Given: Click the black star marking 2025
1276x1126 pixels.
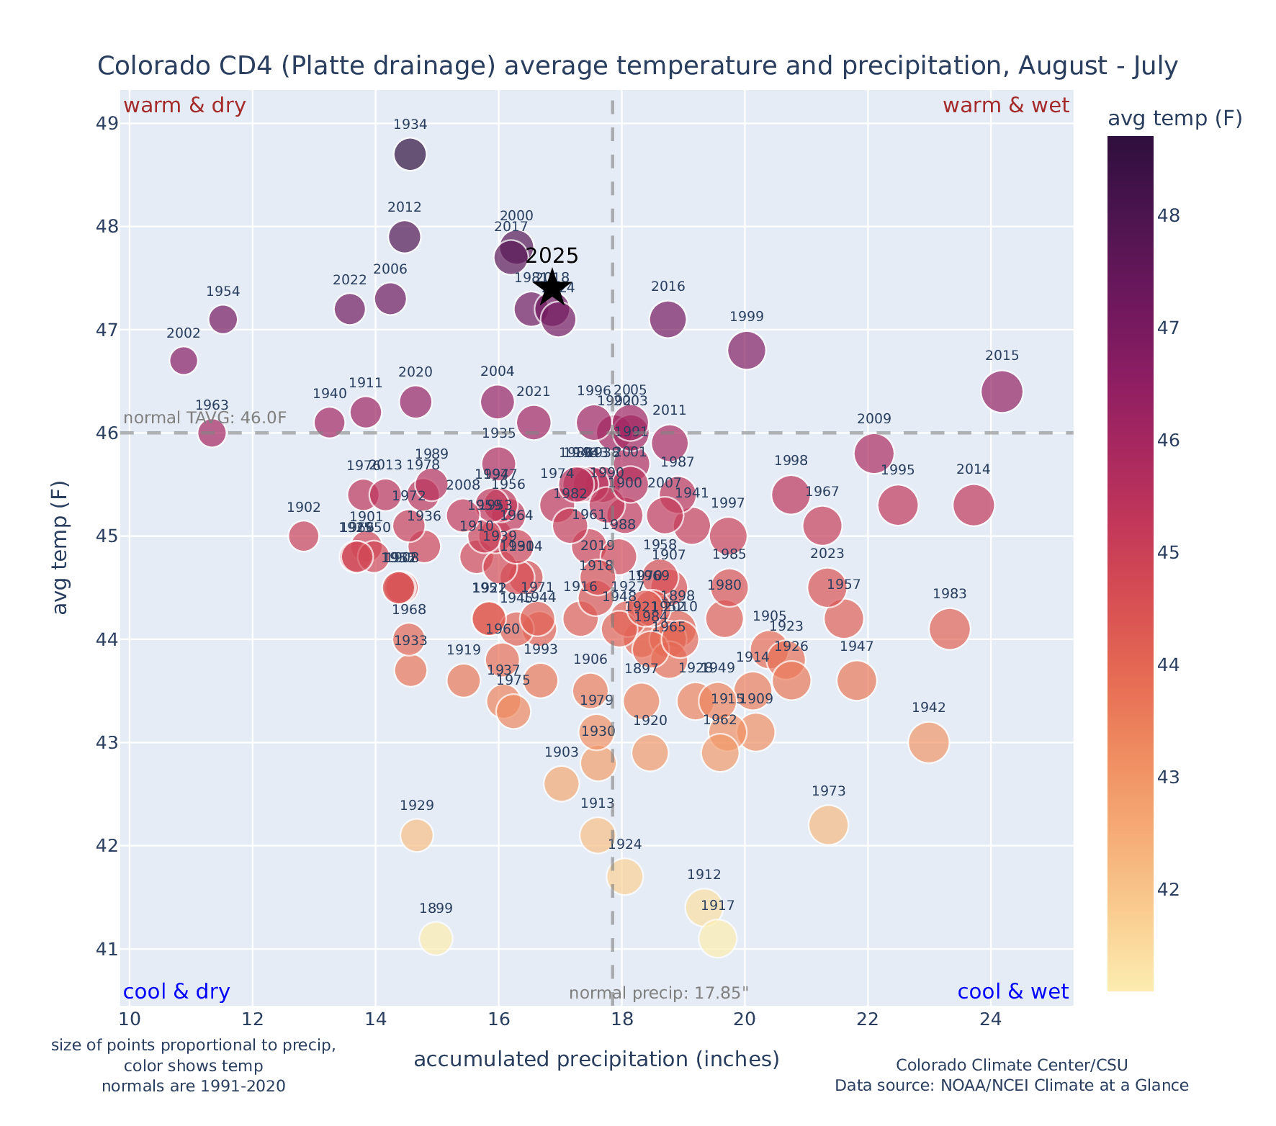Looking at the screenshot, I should (x=552, y=287).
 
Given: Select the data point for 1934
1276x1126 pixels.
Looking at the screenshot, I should (x=410, y=154).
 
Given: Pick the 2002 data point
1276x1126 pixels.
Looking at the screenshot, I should (x=184, y=360).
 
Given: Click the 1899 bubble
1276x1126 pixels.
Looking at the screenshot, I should (x=436, y=938).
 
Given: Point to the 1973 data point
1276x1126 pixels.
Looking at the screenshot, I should (x=828, y=824).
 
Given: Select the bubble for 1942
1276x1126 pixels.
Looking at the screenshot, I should (x=928, y=742).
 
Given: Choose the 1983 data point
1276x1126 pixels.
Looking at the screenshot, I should (x=949, y=629).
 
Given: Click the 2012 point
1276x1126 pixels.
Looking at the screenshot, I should (x=405, y=237).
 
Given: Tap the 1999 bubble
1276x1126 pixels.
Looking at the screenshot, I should (x=747, y=350).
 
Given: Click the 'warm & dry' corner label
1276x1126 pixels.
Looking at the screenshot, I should (x=185, y=106).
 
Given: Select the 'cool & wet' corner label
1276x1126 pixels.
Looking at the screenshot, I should (x=1013, y=992).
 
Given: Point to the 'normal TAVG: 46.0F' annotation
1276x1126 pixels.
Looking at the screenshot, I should (x=205, y=418).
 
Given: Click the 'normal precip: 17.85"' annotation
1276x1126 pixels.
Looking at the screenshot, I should (x=659, y=994).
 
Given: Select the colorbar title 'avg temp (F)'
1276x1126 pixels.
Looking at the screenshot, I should (x=1174, y=119).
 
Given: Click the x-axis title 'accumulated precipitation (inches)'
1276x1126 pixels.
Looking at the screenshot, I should (x=596, y=1060).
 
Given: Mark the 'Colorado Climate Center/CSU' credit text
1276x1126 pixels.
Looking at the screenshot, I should (x=1012, y=1065).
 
